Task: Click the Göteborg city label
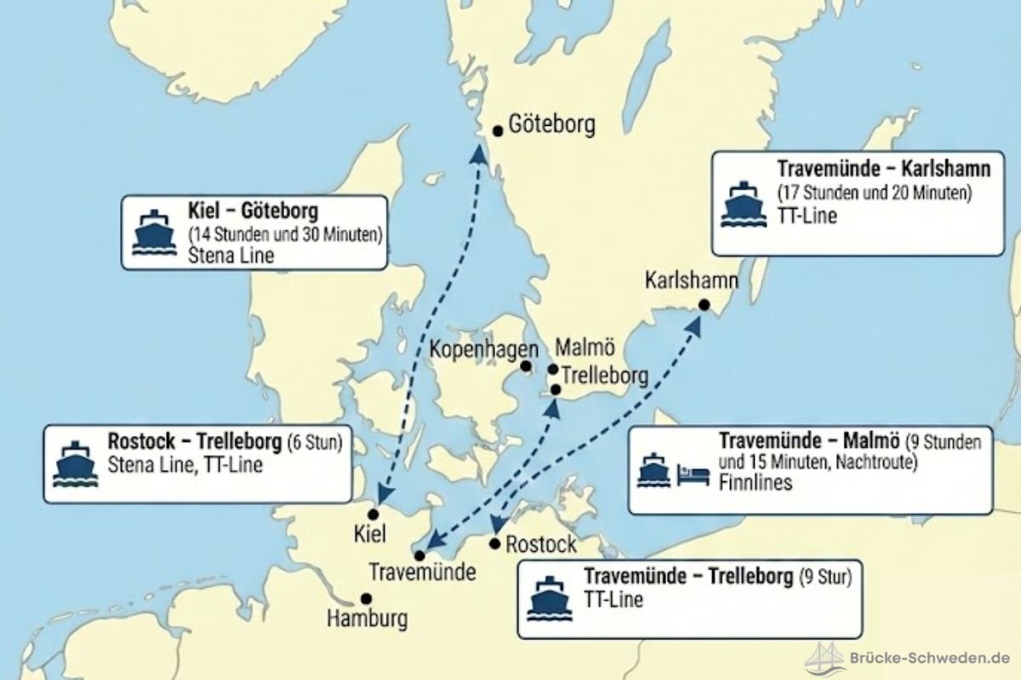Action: coord(551,125)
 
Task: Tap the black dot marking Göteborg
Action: coord(499,130)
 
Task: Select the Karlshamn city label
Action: coord(691,280)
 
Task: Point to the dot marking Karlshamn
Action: coord(704,305)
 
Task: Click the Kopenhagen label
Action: coord(483,349)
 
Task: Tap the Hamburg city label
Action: coord(367,619)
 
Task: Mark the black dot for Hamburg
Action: coord(366,598)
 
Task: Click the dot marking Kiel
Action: coord(373,514)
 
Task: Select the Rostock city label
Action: coord(541,544)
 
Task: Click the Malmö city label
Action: coord(584,348)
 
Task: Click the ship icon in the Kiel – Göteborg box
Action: coord(154,231)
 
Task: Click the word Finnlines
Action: coord(756,483)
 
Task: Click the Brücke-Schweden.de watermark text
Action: coord(929,657)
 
